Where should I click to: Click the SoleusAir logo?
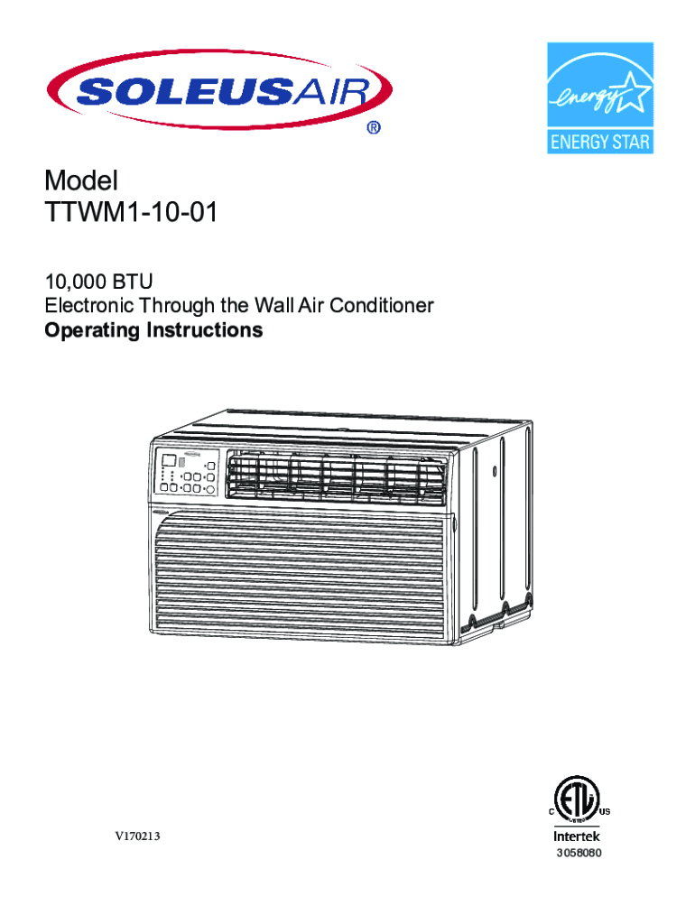pyautogui.click(x=220, y=90)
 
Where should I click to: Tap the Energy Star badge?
pyautogui.click(x=599, y=97)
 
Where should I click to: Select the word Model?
pyautogui.click(x=82, y=181)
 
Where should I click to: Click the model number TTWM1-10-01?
pyautogui.click(x=131, y=214)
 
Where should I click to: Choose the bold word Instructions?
pyautogui.click(x=204, y=330)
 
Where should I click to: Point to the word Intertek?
pyautogui.click(x=577, y=836)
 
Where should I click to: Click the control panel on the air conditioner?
pyautogui.click(x=184, y=472)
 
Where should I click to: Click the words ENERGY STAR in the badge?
pyautogui.click(x=599, y=142)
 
